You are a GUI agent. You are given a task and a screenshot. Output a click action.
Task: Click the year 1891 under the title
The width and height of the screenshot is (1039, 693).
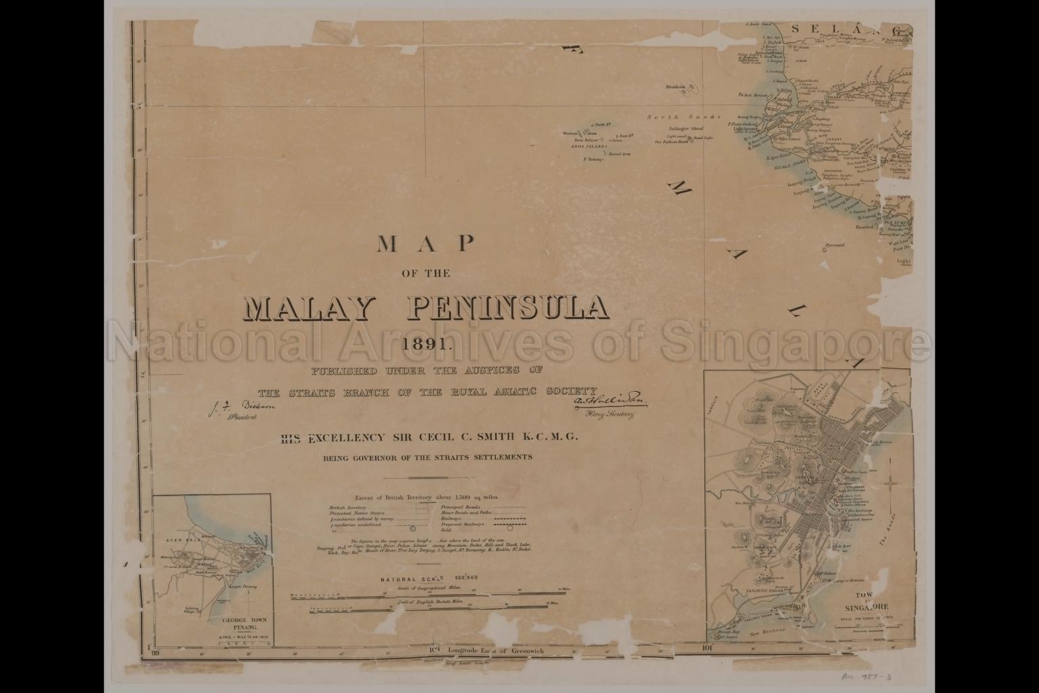(x=427, y=343)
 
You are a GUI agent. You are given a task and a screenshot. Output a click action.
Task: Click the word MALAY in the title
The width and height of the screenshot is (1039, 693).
(x=308, y=309)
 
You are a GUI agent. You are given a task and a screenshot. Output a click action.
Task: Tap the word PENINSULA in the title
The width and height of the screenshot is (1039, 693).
(x=508, y=309)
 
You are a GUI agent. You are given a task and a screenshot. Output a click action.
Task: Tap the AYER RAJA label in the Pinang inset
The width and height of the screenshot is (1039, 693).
(x=180, y=542)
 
